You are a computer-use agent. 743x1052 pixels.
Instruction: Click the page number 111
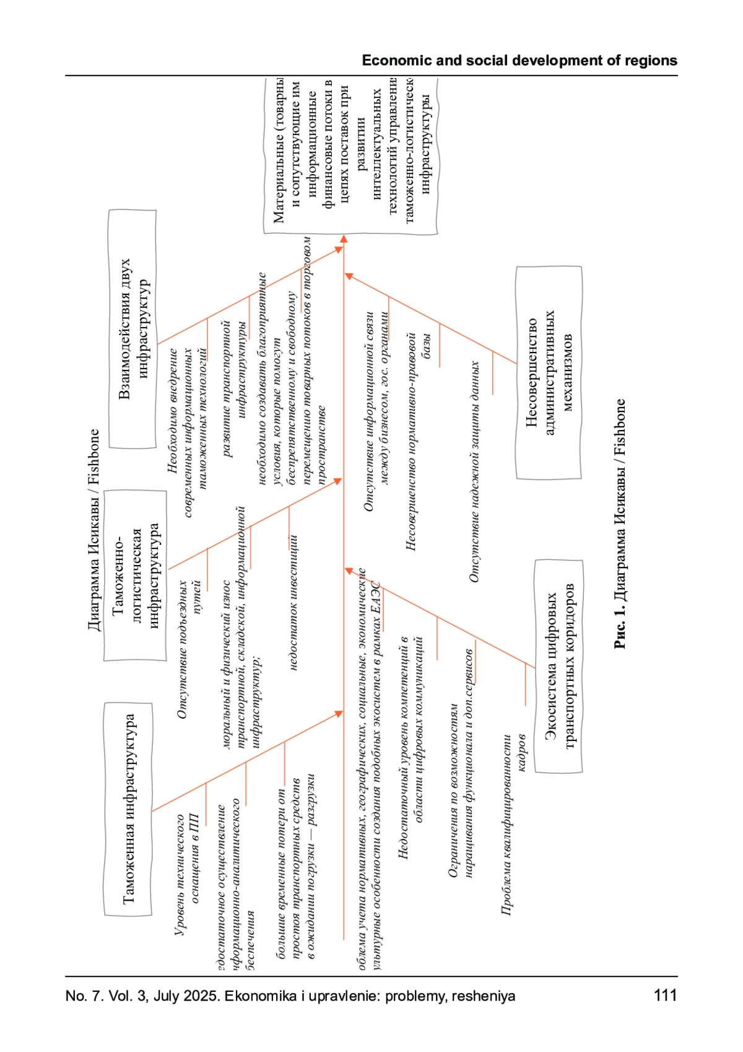tap(666, 996)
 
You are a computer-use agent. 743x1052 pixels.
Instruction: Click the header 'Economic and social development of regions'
tap(519, 61)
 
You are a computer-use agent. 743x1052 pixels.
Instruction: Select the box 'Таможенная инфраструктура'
tap(128, 809)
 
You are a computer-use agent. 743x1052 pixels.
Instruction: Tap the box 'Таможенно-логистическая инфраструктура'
tap(136, 575)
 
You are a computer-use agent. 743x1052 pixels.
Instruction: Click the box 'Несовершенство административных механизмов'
tap(549, 372)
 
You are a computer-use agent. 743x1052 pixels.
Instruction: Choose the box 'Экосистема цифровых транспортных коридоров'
tap(559, 666)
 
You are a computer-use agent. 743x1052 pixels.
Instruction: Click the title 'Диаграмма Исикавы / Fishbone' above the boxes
tap(93, 530)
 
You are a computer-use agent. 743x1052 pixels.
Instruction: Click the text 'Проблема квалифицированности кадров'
tap(514, 824)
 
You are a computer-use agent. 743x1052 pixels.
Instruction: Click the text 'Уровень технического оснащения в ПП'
tap(186, 874)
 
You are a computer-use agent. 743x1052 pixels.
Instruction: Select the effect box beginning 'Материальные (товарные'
tap(350, 155)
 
